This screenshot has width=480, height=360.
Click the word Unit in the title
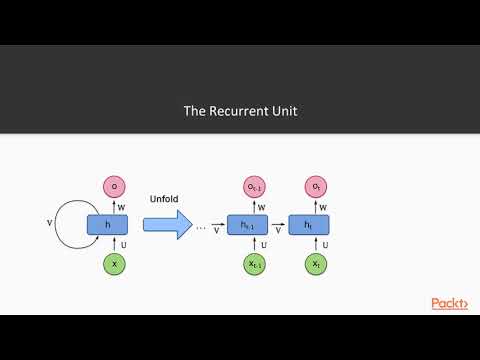point(283,111)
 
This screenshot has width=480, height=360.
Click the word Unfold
point(163,197)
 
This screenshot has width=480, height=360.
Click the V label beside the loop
point(49,224)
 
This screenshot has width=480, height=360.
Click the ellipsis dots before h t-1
point(200,227)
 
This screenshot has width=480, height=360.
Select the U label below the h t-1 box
point(262,244)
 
